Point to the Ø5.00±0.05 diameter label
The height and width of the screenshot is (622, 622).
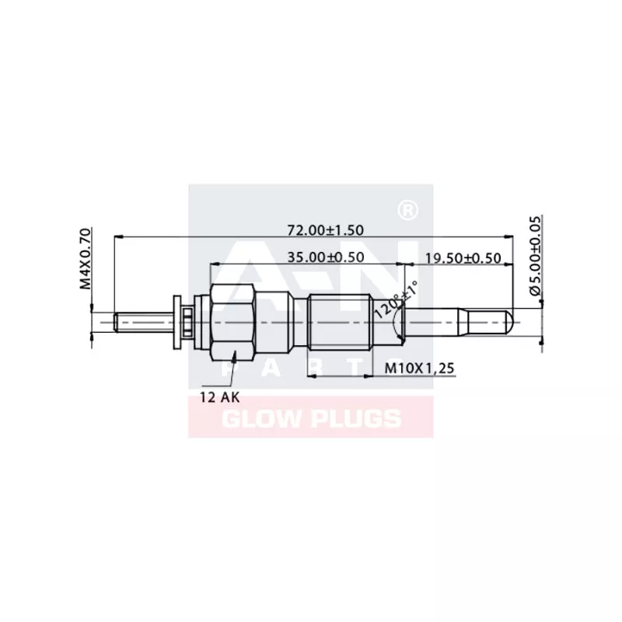click(x=534, y=256)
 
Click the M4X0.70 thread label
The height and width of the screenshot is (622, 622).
click(x=86, y=258)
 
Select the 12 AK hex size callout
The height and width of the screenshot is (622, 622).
click(x=219, y=396)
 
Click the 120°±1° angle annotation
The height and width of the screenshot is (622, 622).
click(x=395, y=299)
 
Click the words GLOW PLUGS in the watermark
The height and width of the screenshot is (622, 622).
click(x=312, y=420)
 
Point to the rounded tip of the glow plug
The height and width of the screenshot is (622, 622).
click(x=508, y=320)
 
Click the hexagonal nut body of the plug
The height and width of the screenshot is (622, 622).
click(x=232, y=320)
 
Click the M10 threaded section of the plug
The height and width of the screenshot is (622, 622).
click(x=338, y=320)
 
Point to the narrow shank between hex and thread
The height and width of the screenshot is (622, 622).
click(x=281, y=320)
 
